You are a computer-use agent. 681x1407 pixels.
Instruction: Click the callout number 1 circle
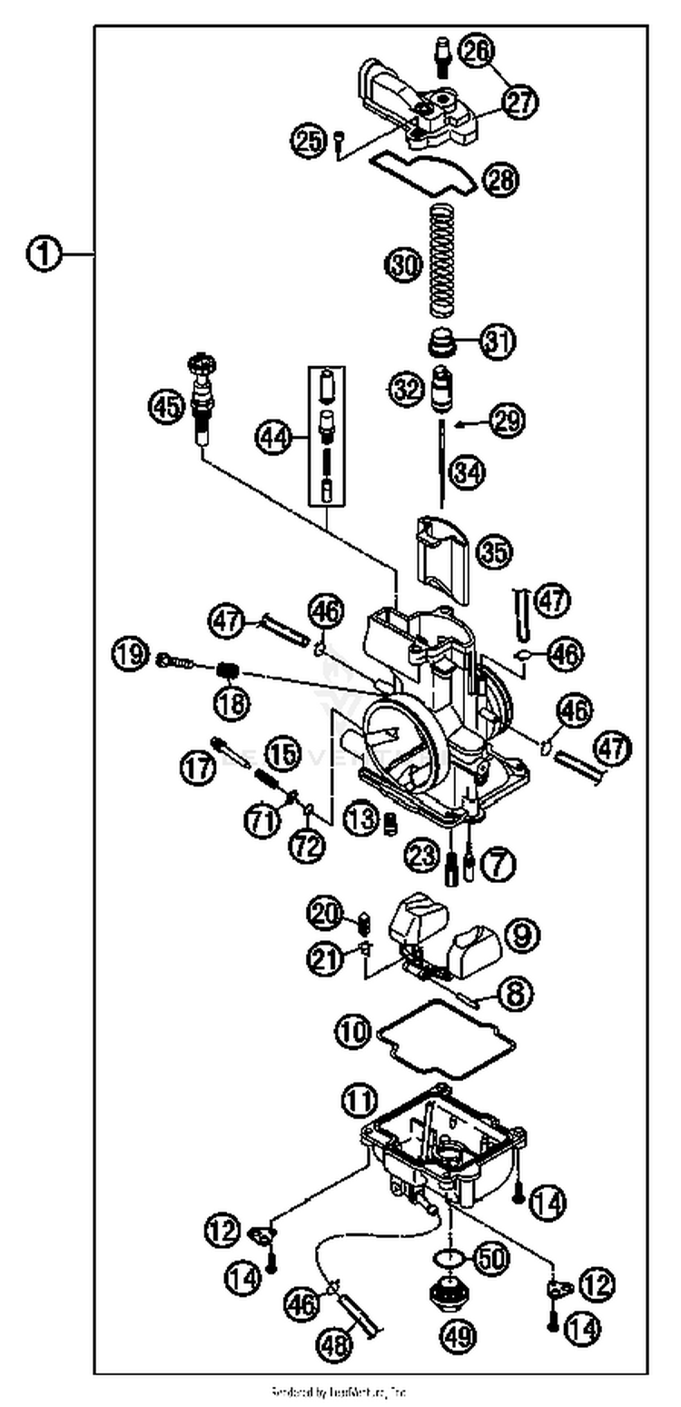tap(43, 255)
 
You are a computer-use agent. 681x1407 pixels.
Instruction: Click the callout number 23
tap(421, 854)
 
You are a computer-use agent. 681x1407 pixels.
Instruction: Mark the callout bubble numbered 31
tap(497, 342)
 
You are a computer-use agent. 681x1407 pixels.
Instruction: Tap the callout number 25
tap(308, 140)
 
